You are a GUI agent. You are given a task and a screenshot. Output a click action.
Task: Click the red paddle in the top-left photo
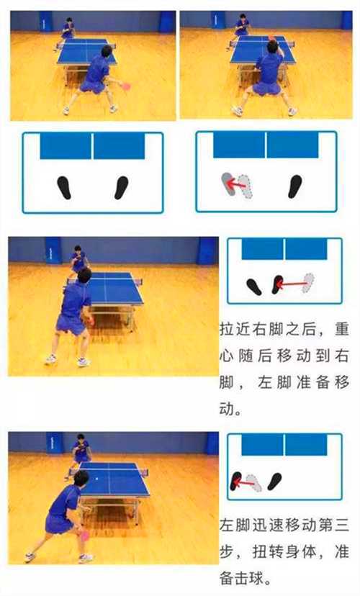point(127,86)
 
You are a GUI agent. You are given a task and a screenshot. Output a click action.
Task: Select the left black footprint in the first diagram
point(65,187)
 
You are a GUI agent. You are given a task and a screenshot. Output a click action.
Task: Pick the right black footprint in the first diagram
point(121,187)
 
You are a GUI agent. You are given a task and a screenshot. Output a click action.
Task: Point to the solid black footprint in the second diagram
point(294,186)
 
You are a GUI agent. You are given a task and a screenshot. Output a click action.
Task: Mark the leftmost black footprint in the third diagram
point(254,286)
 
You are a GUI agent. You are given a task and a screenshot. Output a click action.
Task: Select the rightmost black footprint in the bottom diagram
point(274,481)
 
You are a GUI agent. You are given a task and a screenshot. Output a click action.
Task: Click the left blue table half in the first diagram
point(66,145)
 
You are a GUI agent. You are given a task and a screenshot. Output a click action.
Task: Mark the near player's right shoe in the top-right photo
point(292,112)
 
